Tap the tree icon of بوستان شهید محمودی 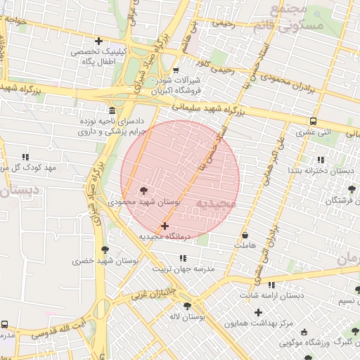pos(144,191)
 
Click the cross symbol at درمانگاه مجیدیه pos(165,226)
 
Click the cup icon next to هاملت pos(245,235)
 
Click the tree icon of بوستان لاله pos(187,305)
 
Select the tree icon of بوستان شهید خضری pos(105,250)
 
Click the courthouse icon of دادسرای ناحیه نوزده pos(113,111)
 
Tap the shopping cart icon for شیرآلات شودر pos(176,70)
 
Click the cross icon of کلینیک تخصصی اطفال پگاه pos(98,41)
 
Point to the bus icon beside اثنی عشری pos(313,120)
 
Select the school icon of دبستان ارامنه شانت pos(272,285)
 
